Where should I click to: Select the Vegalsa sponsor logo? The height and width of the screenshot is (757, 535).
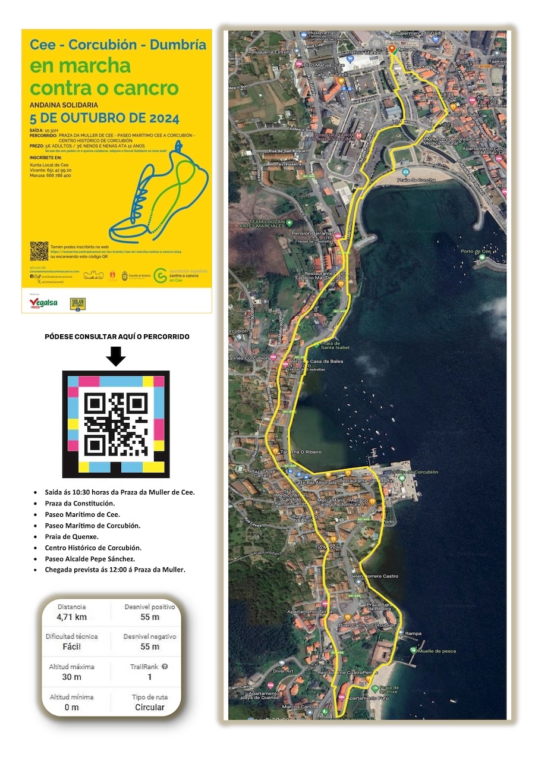tap(43, 303)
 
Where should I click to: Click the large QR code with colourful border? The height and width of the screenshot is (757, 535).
tap(116, 424)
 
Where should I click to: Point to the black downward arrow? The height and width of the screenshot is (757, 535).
tap(117, 357)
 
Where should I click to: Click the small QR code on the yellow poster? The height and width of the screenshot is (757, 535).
tap(39, 250)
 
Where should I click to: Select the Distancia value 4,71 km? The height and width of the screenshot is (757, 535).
tap(71, 617)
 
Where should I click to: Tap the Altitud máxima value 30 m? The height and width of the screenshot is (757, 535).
tap(71, 677)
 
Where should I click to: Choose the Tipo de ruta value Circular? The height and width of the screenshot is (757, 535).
tap(150, 707)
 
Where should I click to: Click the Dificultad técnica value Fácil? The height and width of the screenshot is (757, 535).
tap(71, 646)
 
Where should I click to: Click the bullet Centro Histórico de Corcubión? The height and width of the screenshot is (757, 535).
tap(93, 547)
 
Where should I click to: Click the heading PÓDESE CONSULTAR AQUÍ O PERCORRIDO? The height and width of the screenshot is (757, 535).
tap(117, 337)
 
